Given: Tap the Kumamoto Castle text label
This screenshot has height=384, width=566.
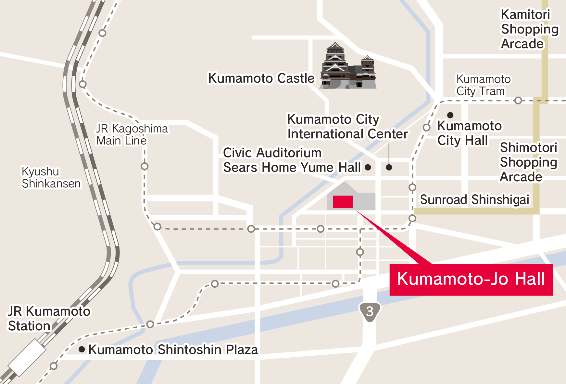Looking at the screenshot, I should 261,78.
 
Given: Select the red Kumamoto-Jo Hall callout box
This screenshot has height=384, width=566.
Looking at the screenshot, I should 471,280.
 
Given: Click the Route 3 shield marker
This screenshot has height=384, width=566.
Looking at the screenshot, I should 370,312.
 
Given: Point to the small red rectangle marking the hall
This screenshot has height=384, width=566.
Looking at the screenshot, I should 343,202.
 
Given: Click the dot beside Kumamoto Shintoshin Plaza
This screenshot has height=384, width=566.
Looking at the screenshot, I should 82,350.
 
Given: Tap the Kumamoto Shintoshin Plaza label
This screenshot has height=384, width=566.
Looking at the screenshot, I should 173,350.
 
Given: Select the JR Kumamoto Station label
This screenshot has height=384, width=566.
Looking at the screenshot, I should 49,319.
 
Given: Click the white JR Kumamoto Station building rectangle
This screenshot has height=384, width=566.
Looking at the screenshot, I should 27,357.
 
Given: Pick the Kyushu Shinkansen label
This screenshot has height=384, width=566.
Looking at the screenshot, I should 51,178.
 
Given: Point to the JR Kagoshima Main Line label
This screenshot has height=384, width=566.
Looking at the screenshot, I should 132,134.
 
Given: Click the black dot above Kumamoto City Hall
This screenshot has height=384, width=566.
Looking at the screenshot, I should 450,115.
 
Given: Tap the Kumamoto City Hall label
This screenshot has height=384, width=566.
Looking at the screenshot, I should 469,133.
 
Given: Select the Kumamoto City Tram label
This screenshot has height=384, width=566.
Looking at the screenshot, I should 483,85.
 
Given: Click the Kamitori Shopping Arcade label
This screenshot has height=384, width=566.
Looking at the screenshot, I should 529,29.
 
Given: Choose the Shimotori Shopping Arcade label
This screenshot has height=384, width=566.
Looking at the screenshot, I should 528,162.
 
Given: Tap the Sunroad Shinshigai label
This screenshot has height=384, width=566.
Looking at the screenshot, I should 474,200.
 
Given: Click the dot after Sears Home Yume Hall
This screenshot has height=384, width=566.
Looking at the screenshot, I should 368,167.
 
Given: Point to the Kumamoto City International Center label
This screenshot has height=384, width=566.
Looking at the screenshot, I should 347,127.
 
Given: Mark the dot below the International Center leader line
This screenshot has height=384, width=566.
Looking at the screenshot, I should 389,167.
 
